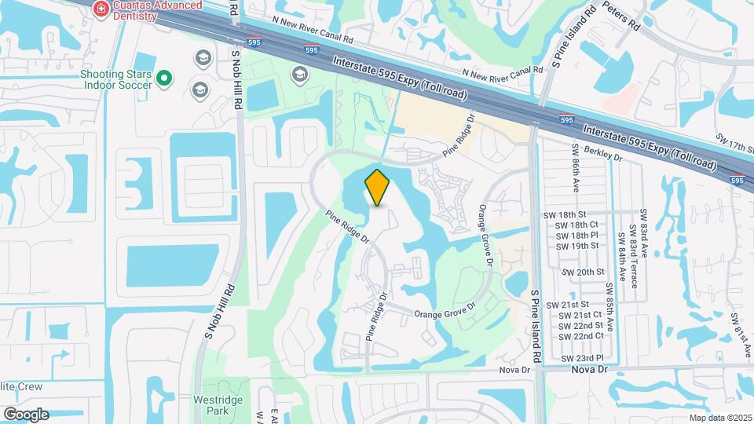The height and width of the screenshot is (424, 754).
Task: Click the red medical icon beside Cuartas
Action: click(x=101, y=8)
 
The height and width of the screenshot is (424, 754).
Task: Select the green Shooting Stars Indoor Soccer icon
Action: click(x=164, y=78)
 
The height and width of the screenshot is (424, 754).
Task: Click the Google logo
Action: click(x=25, y=414)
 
